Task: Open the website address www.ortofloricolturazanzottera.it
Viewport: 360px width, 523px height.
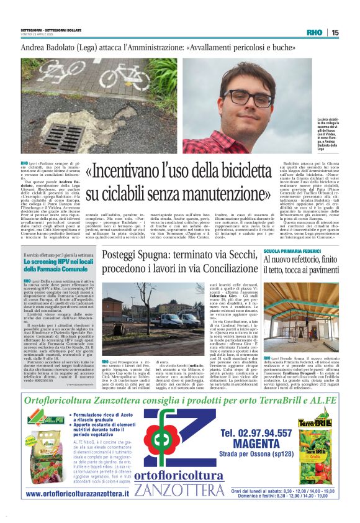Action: (77, 494)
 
